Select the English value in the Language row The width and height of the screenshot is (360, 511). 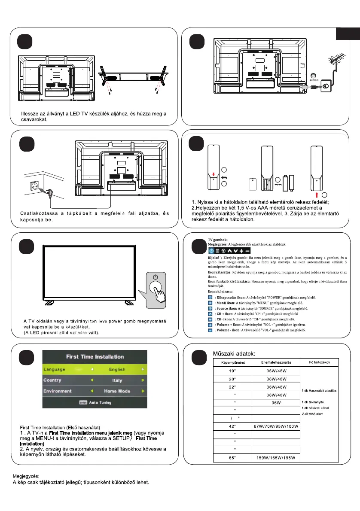coord(117,369)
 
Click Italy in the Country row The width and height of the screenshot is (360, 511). coord(117,380)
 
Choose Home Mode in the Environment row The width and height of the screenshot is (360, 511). coord(117,392)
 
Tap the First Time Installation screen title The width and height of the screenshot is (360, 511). coord(95,357)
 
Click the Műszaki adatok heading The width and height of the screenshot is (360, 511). coord(234,353)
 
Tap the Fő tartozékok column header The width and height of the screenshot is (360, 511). coord(319,362)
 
